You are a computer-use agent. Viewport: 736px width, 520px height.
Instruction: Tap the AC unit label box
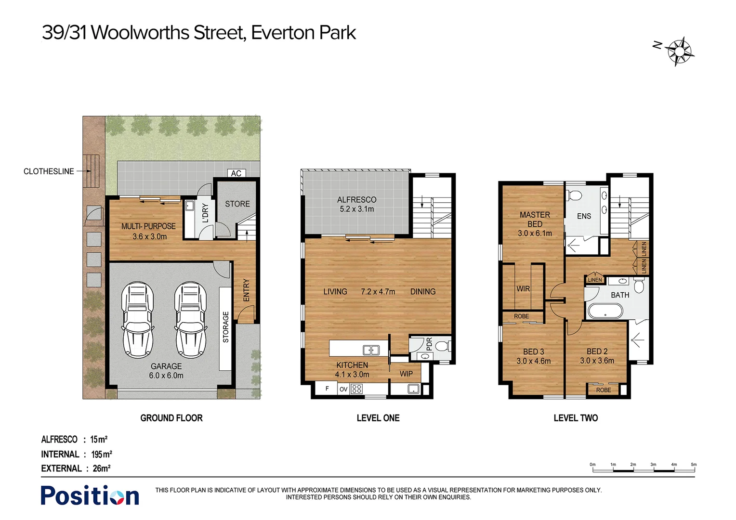(236, 173)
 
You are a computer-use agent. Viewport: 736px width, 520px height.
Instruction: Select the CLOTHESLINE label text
(49, 171)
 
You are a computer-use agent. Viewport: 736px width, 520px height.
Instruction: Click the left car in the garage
(137, 320)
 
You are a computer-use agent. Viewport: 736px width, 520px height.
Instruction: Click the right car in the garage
(190, 320)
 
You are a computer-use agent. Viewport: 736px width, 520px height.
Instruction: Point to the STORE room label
(237, 204)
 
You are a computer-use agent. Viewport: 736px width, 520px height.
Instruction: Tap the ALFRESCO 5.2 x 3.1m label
(356, 204)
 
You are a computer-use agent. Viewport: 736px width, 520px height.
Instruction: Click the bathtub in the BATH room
(605, 311)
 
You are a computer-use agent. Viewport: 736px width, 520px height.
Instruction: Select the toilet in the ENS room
(575, 195)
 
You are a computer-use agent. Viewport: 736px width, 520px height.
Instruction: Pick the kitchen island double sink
(371, 350)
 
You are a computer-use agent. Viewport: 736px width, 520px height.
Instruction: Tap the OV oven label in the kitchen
(343, 389)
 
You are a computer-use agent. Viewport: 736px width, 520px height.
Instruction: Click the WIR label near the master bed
(523, 289)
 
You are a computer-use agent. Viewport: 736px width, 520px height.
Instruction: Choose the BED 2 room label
(597, 351)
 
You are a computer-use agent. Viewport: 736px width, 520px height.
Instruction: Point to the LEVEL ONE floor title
(378, 418)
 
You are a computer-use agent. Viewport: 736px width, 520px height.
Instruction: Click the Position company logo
(90, 495)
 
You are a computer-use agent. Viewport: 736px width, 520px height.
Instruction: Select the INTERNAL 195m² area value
(102, 454)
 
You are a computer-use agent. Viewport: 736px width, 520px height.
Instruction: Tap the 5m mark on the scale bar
(694, 465)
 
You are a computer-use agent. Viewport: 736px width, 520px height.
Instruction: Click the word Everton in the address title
(283, 33)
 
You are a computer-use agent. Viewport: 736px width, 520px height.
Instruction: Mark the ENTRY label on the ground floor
(247, 290)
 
